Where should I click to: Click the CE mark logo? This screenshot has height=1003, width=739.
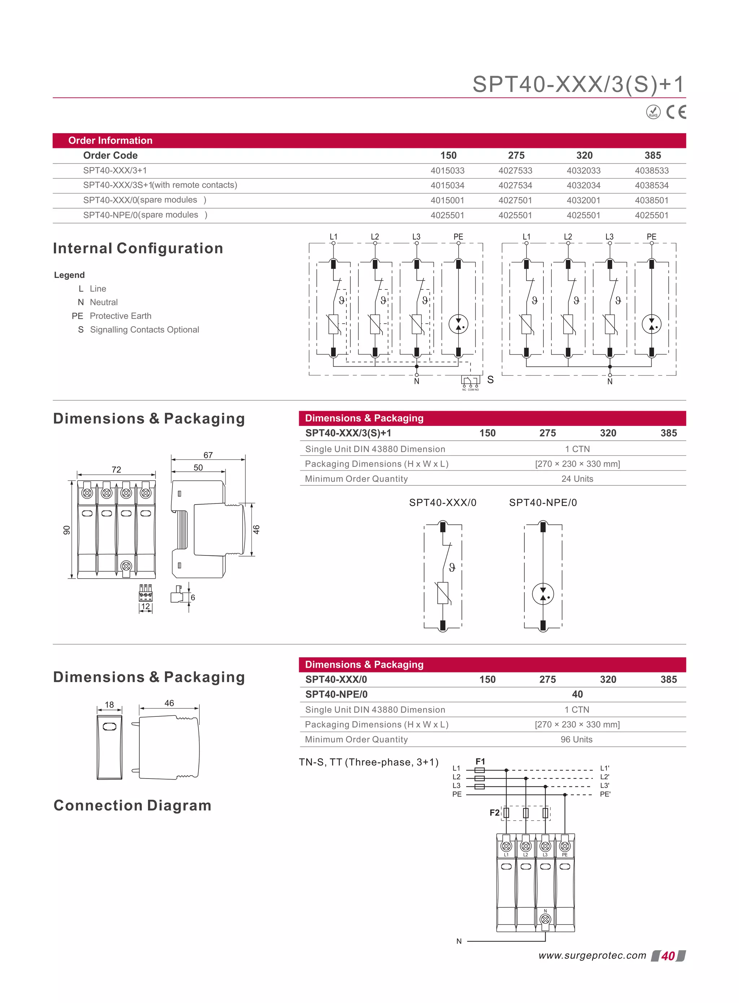(675, 112)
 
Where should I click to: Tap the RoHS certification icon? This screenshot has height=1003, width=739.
(653, 112)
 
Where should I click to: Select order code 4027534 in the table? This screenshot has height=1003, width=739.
(515, 185)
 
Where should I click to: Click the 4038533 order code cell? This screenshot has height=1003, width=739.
(651, 170)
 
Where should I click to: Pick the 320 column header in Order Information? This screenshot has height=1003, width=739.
(584, 155)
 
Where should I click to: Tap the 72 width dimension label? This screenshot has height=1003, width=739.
(116, 469)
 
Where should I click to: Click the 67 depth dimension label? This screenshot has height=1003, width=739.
(208, 455)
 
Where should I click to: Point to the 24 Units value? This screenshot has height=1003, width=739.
(577, 479)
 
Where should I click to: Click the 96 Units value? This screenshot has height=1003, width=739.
(576, 740)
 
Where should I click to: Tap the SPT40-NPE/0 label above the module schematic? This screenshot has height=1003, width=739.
(543, 502)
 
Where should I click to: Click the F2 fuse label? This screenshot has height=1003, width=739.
(494, 812)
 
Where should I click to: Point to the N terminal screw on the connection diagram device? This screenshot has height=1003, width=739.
(545, 919)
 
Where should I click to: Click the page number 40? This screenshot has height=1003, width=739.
(668, 956)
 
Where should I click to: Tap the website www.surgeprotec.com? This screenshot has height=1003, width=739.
(592, 956)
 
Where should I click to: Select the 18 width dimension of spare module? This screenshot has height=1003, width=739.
(109, 705)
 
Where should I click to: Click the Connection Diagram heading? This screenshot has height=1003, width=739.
(132, 805)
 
